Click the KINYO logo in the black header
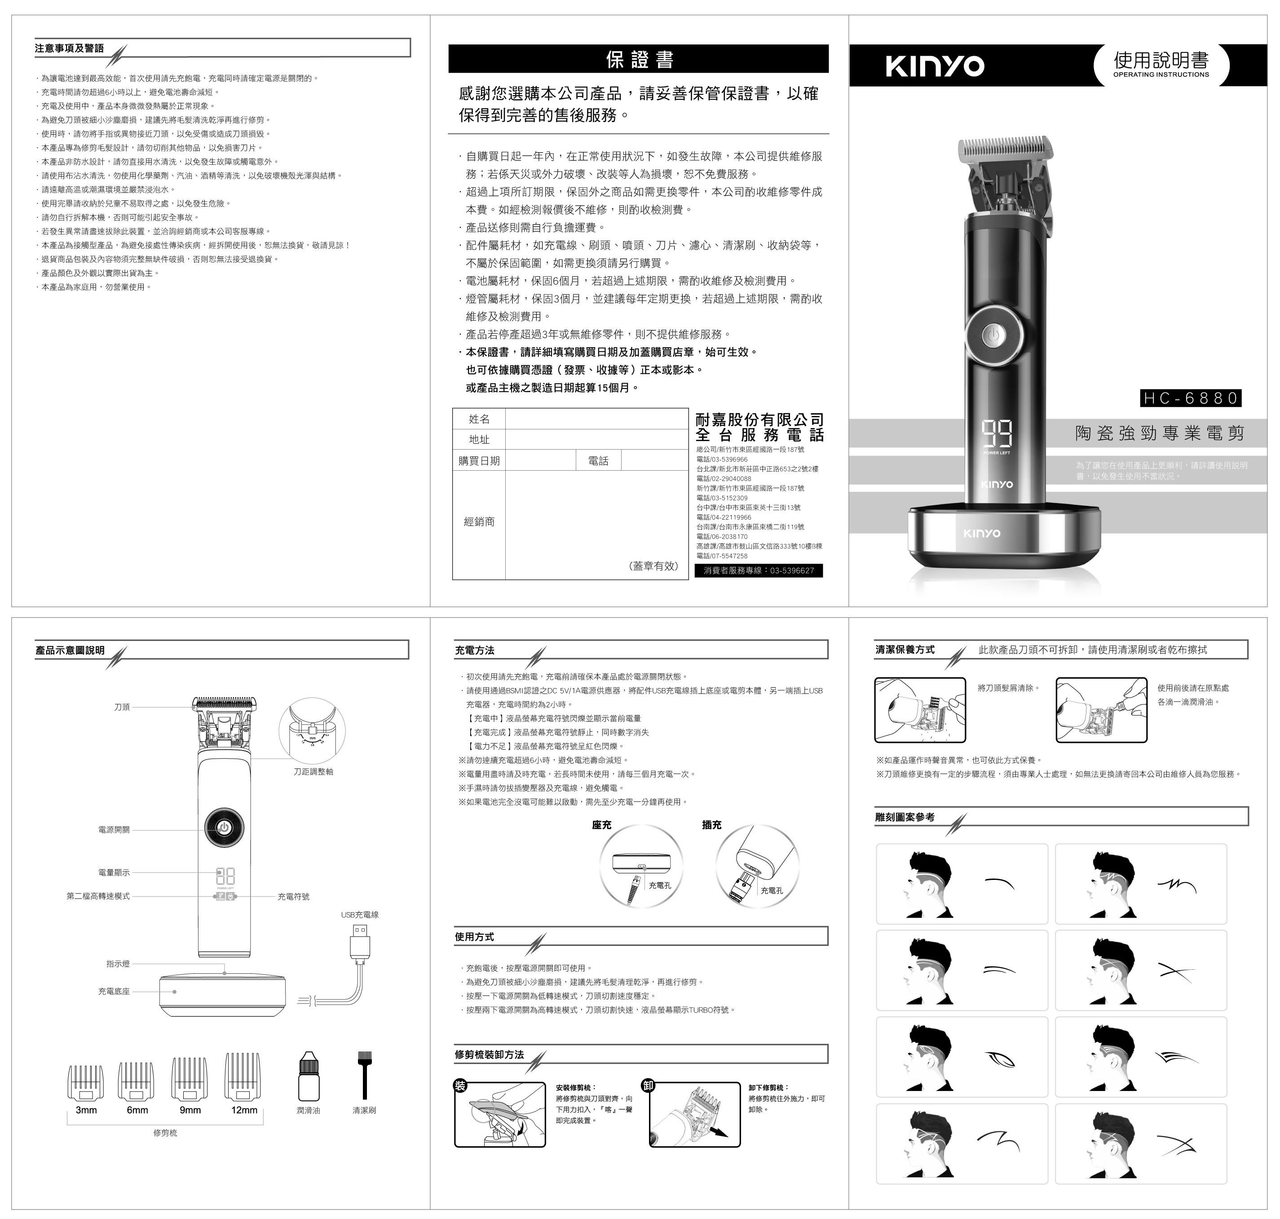935,66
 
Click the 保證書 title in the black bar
639,59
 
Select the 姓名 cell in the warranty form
479,419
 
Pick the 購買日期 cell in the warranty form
479,461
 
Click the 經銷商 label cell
479,522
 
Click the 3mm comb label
86,1110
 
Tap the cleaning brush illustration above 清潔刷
365,1075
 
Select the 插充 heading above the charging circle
711,825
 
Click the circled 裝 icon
460,1085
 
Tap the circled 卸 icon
648,1085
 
